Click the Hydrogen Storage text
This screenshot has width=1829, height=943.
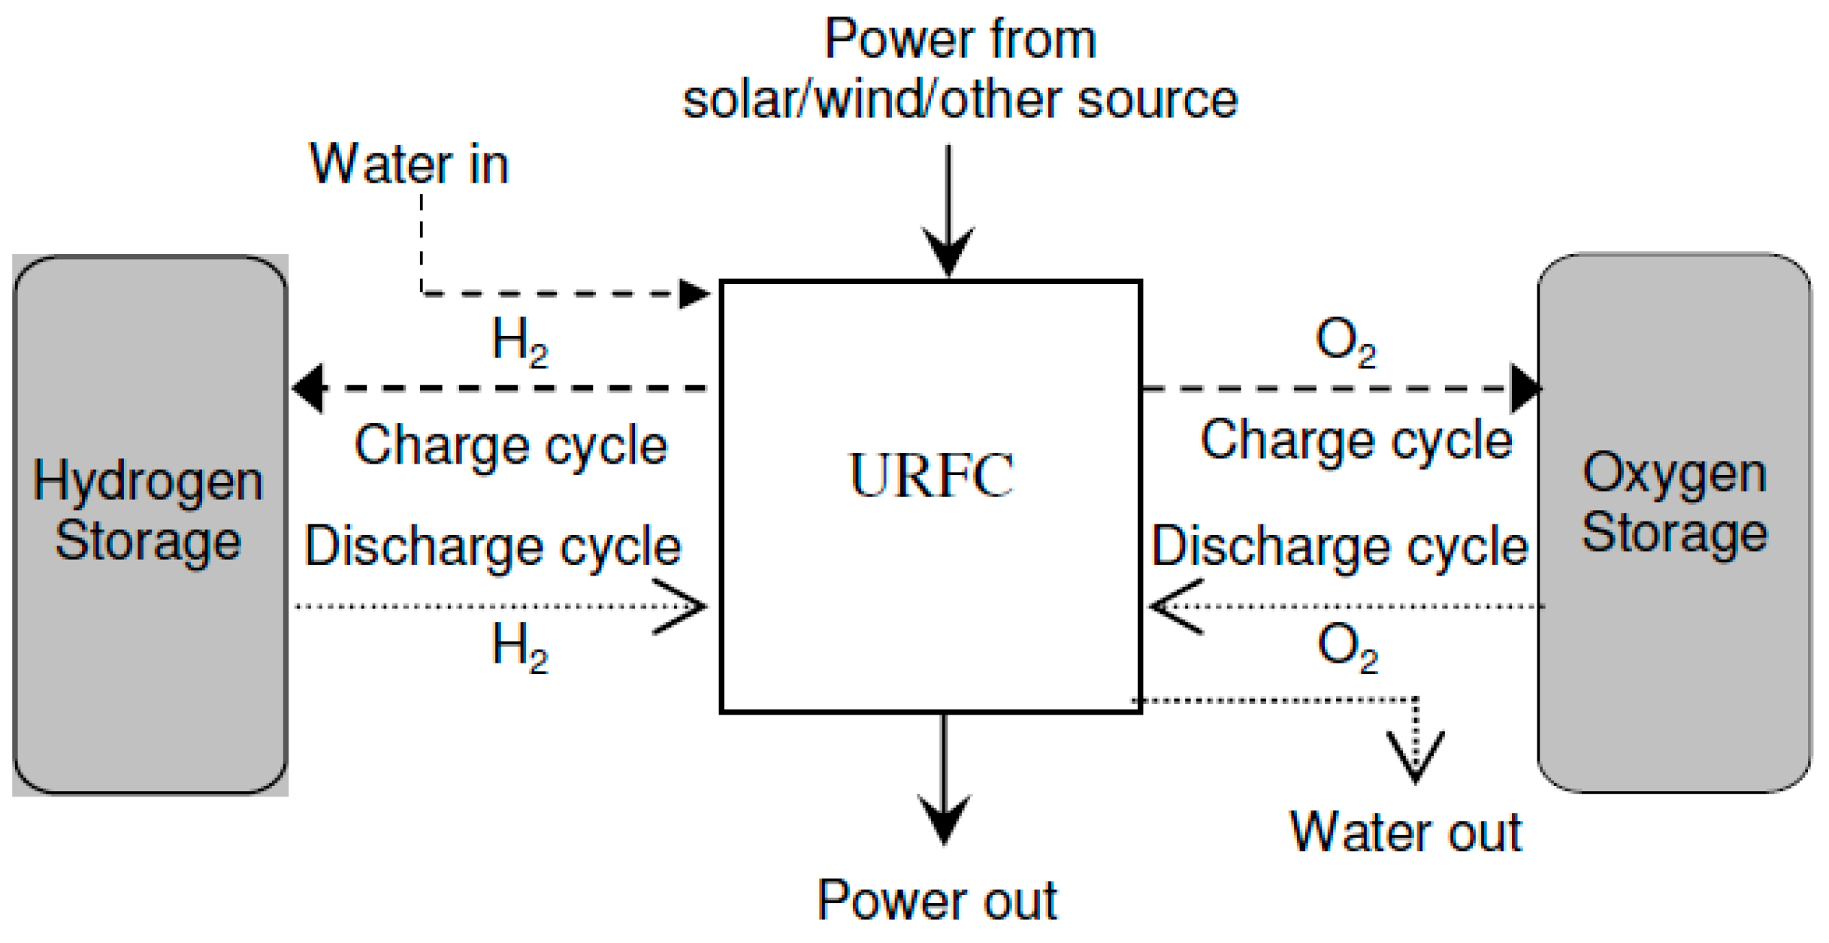[148, 511]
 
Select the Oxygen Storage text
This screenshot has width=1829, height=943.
[1673, 503]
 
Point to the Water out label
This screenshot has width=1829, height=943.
[1405, 833]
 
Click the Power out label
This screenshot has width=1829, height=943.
[937, 899]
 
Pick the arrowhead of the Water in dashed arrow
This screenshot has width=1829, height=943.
[693, 294]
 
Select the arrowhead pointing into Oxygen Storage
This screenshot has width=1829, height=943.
[1525, 388]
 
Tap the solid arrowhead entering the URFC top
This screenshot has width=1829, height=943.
[948, 252]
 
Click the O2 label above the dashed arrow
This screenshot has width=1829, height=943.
[1345, 341]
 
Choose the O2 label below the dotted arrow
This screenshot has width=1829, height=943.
[1347, 648]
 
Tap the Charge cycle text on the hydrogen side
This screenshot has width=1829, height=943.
[511, 445]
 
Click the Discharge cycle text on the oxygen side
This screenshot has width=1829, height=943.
[1340, 546]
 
